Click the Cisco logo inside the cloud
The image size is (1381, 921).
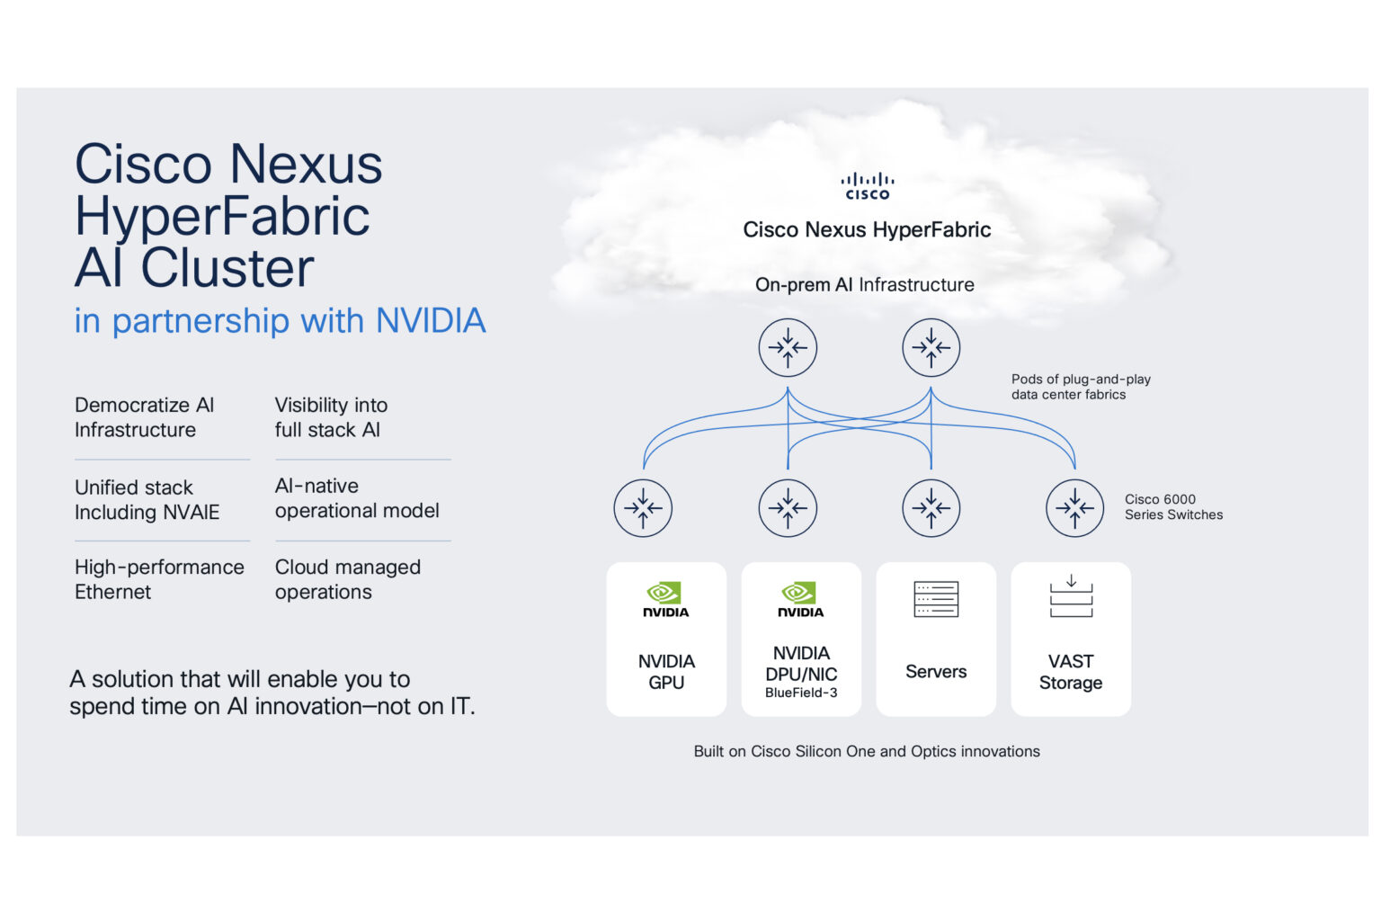click(x=867, y=186)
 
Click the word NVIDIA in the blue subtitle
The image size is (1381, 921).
click(x=430, y=321)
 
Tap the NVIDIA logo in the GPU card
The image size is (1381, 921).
click(x=665, y=600)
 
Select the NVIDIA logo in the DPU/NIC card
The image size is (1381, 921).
click(x=800, y=600)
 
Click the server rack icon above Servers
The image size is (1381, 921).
click(x=935, y=599)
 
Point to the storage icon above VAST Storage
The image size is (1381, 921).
click(x=1071, y=597)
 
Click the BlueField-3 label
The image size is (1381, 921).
click(x=801, y=693)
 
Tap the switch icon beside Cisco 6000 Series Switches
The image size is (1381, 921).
click(x=1074, y=508)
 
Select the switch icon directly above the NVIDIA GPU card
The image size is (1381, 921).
click(x=643, y=508)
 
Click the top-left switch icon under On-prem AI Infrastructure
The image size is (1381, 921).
click(x=788, y=347)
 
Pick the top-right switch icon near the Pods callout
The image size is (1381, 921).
click(x=931, y=347)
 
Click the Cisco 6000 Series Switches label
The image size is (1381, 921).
click(x=1173, y=507)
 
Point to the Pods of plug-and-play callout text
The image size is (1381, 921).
click(x=1080, y=387)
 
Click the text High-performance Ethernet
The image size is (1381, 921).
click(x=159, y=579)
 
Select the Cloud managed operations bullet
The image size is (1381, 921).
click(x=347, y=579)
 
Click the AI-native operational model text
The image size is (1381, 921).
click(x=357, y=498)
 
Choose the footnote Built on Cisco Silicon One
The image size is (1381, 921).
click(x=866, y=751)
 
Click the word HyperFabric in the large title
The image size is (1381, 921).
click(x=222, y=216)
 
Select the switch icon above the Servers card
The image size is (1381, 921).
click(x=931, y=508)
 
